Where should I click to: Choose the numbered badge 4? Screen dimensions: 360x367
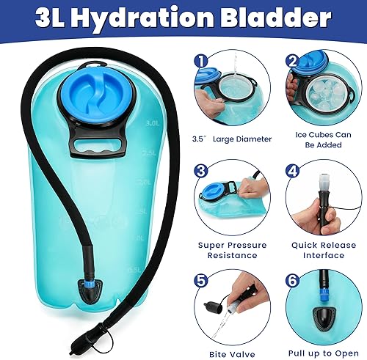tap(291, 170)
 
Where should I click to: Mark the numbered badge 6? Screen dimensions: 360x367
tap(291, 279)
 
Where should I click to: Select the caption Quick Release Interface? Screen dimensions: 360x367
tap(322, 249)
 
